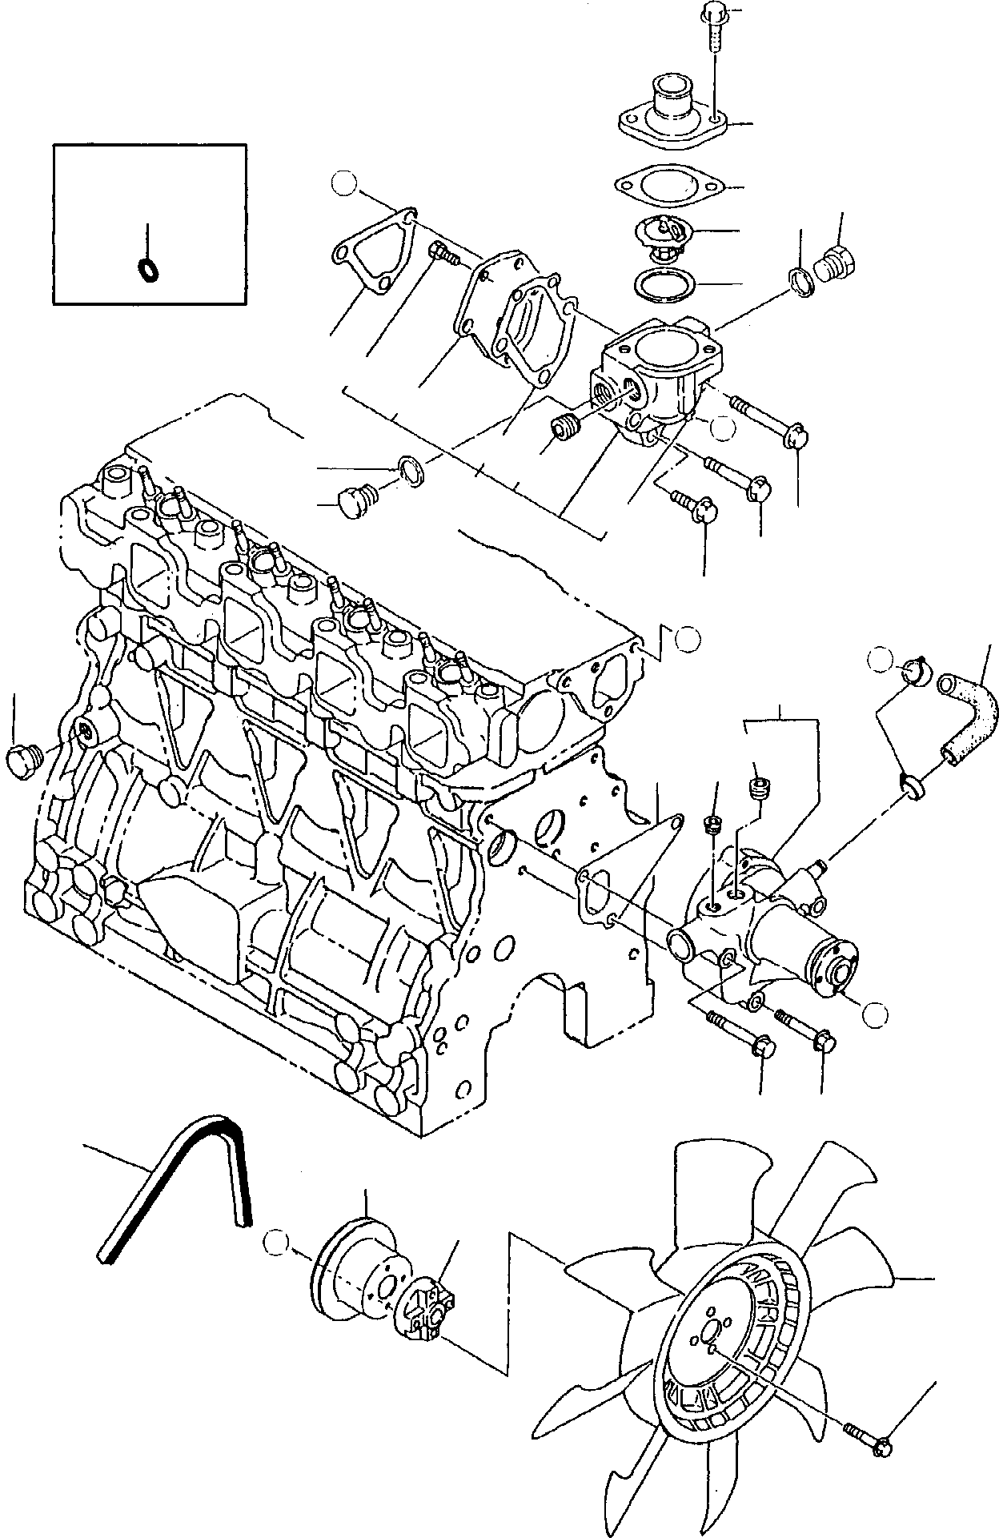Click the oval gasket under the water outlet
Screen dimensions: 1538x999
[669, 185]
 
